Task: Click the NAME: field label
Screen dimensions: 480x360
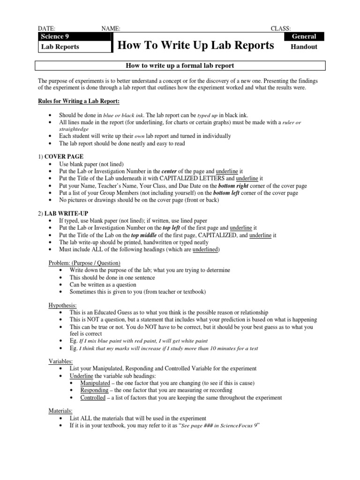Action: click(x=111, y=29)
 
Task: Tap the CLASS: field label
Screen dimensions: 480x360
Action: click(x=281, y=29)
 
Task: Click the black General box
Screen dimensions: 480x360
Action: click(x=304, y=37)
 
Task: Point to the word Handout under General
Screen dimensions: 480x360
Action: click(x=304, y=46)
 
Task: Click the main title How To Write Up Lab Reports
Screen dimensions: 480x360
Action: click(x=195, y=45)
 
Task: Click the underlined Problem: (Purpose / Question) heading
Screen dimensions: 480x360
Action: click(x=85, y=262)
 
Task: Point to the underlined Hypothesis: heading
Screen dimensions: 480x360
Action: click(x=63, y=305)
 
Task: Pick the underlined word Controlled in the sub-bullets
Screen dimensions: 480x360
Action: click(x=93, y=397)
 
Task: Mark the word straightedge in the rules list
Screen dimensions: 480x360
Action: click(x=74, y=128)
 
